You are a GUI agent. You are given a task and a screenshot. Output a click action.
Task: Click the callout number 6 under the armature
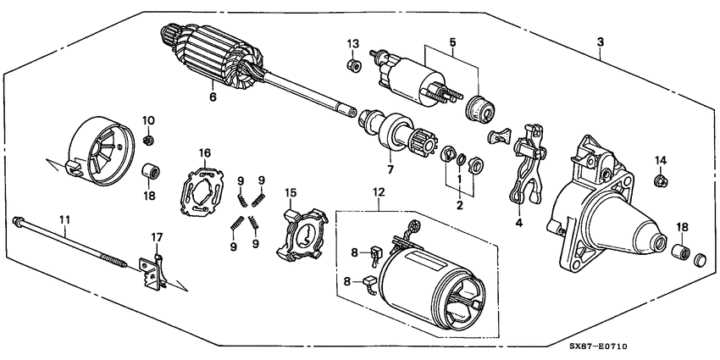[213, 97]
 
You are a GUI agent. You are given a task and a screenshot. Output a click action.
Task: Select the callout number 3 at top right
[600, 42]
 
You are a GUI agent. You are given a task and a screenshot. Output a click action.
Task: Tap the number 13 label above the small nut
[353, 43]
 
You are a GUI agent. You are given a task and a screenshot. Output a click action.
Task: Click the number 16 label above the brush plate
[204, 152]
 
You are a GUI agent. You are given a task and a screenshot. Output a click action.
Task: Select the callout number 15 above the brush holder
[291, 193]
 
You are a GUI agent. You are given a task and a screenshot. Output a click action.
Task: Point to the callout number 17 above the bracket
[156, 236]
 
